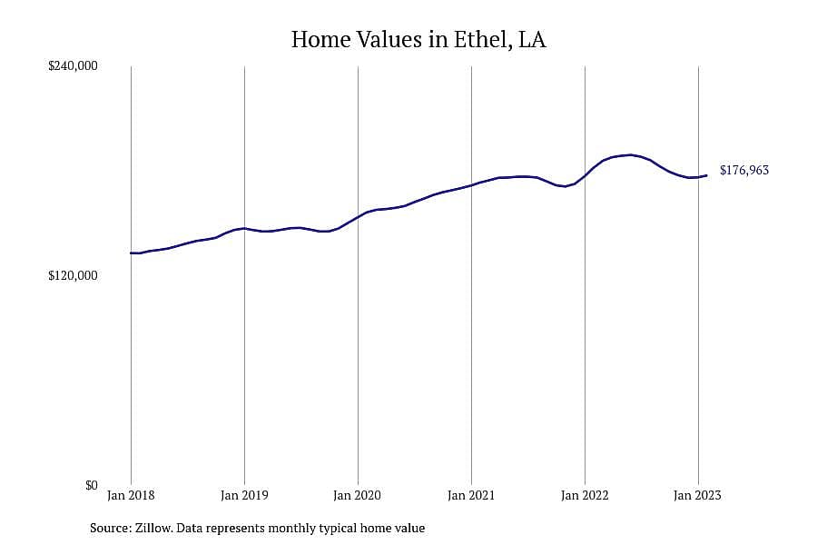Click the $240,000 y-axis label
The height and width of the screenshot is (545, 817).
tap(73, 65)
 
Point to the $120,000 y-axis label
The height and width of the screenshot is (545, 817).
tap(73, 275)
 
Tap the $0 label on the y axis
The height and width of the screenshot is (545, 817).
tap(91, 485)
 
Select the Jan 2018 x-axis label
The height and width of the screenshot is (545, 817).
tap(131, 495)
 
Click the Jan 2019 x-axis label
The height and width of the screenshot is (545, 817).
tap(244, 495)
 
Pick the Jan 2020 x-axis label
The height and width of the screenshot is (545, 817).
tap(358, 495)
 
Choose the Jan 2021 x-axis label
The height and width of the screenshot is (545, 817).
tap(471, 495)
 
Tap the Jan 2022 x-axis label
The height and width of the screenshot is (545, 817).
tap(585, 495)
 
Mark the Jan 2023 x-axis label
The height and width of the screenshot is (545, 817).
tap(698, 495)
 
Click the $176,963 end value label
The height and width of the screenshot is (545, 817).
tap(744, 170)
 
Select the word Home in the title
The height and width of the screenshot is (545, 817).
tap(320, 40)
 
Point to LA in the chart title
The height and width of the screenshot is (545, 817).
tap(532, 40)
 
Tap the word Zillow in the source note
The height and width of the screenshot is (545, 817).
tap(153, 528)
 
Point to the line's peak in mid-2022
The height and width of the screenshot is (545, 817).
tap(631, 155)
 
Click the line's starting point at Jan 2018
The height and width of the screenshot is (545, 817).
tap(131, 253)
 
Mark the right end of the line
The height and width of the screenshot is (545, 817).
tap(706, 175)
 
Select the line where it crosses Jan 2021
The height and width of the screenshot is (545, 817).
tap(471, 185)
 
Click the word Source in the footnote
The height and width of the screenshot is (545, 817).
tap(111, 528)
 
